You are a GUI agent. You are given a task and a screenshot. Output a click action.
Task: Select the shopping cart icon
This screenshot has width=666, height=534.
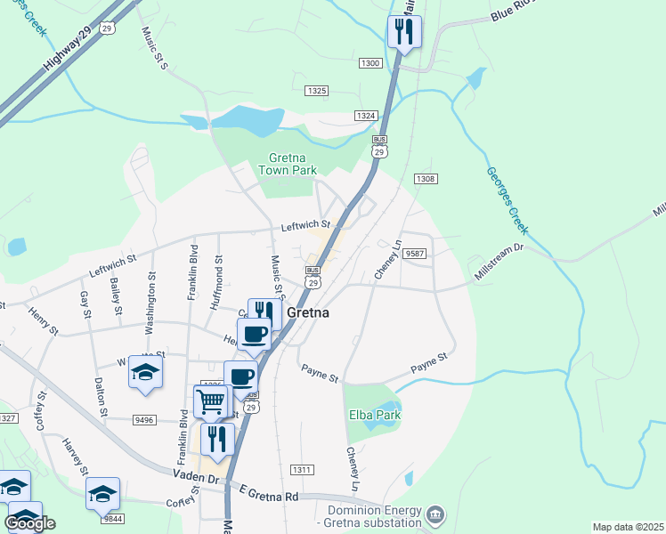[x=210, y=401]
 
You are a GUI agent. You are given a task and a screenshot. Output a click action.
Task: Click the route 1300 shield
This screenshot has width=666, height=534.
[x=370, y=63]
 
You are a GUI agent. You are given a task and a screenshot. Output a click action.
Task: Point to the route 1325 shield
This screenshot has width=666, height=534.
[x=316, y=91]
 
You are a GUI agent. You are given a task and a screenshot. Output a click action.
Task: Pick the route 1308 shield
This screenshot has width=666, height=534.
[x=425, y=179]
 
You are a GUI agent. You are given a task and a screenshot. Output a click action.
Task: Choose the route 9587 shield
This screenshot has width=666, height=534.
[x=415, y=254]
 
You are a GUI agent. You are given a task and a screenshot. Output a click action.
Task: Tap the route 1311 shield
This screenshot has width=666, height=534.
[x=302, y=470]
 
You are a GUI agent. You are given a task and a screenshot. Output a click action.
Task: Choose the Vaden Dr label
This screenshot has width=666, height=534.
[x=200, y=479]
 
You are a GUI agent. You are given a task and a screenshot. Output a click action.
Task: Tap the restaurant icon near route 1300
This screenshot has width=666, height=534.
[x=404, y=32]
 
